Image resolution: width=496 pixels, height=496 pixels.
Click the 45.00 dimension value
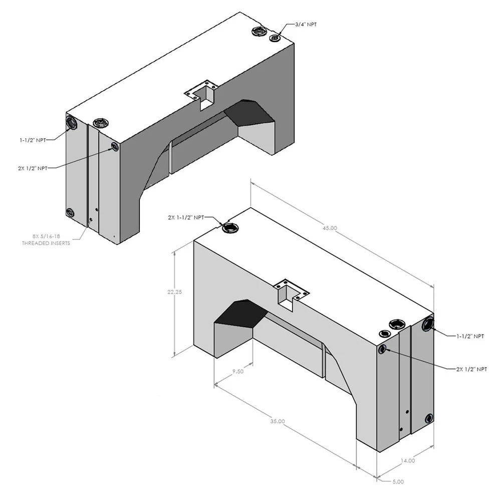pos(330,228)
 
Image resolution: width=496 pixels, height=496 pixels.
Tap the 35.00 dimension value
pos(277,421)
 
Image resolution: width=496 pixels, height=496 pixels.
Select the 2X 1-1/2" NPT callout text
pos(186,217)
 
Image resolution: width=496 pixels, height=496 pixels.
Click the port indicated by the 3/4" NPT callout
pos(275,38)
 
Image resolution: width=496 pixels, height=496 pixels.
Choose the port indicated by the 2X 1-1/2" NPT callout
pos(230,228)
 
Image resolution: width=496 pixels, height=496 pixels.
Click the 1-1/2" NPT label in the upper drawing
pos(33,140)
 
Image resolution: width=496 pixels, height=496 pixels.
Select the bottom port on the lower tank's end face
pos(429,418)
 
